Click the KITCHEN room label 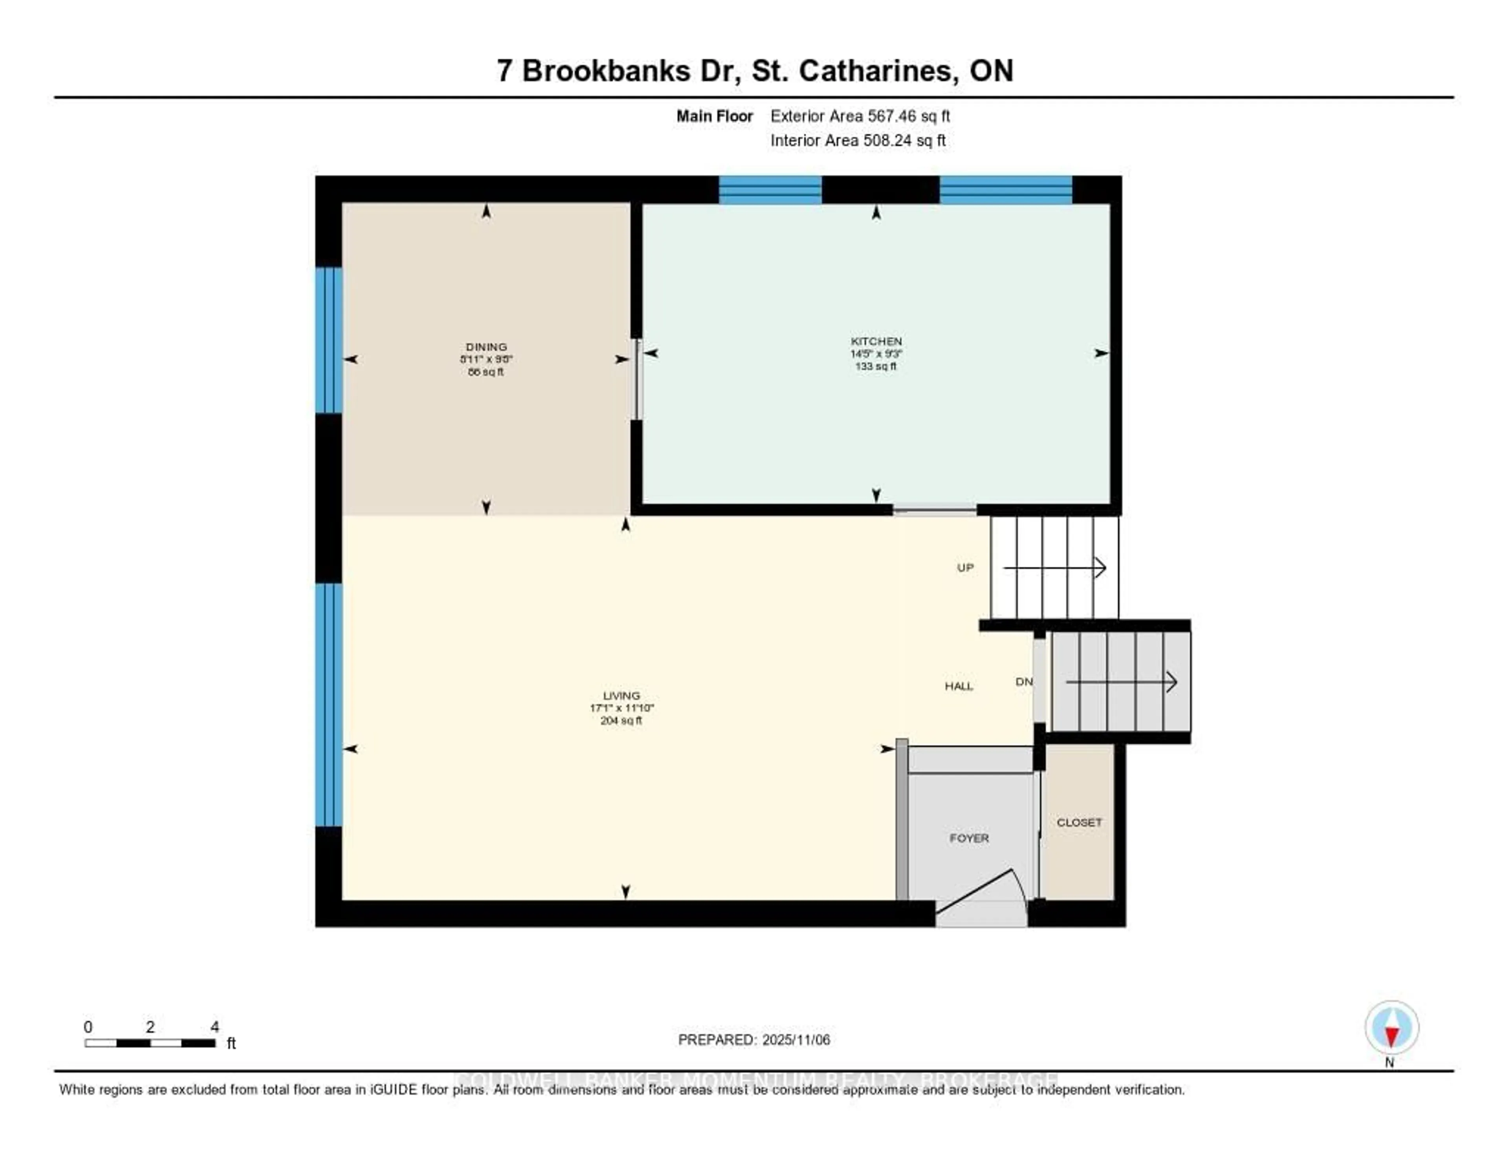tap(875, 341)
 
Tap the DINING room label tap(486, 347)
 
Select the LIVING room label tap(621, 695)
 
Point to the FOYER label tap(969, 838)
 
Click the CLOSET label tap(1078, 822)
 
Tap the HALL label tap(958, 686)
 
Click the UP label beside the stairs tap(964, 568)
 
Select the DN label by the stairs tap(1023, 681)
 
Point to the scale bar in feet tap(150, 1043)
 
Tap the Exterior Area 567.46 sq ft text tap(860, 116)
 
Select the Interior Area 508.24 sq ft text tap(858, 140)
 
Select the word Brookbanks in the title tap(606, 71)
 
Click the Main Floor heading tap(714, 116)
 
